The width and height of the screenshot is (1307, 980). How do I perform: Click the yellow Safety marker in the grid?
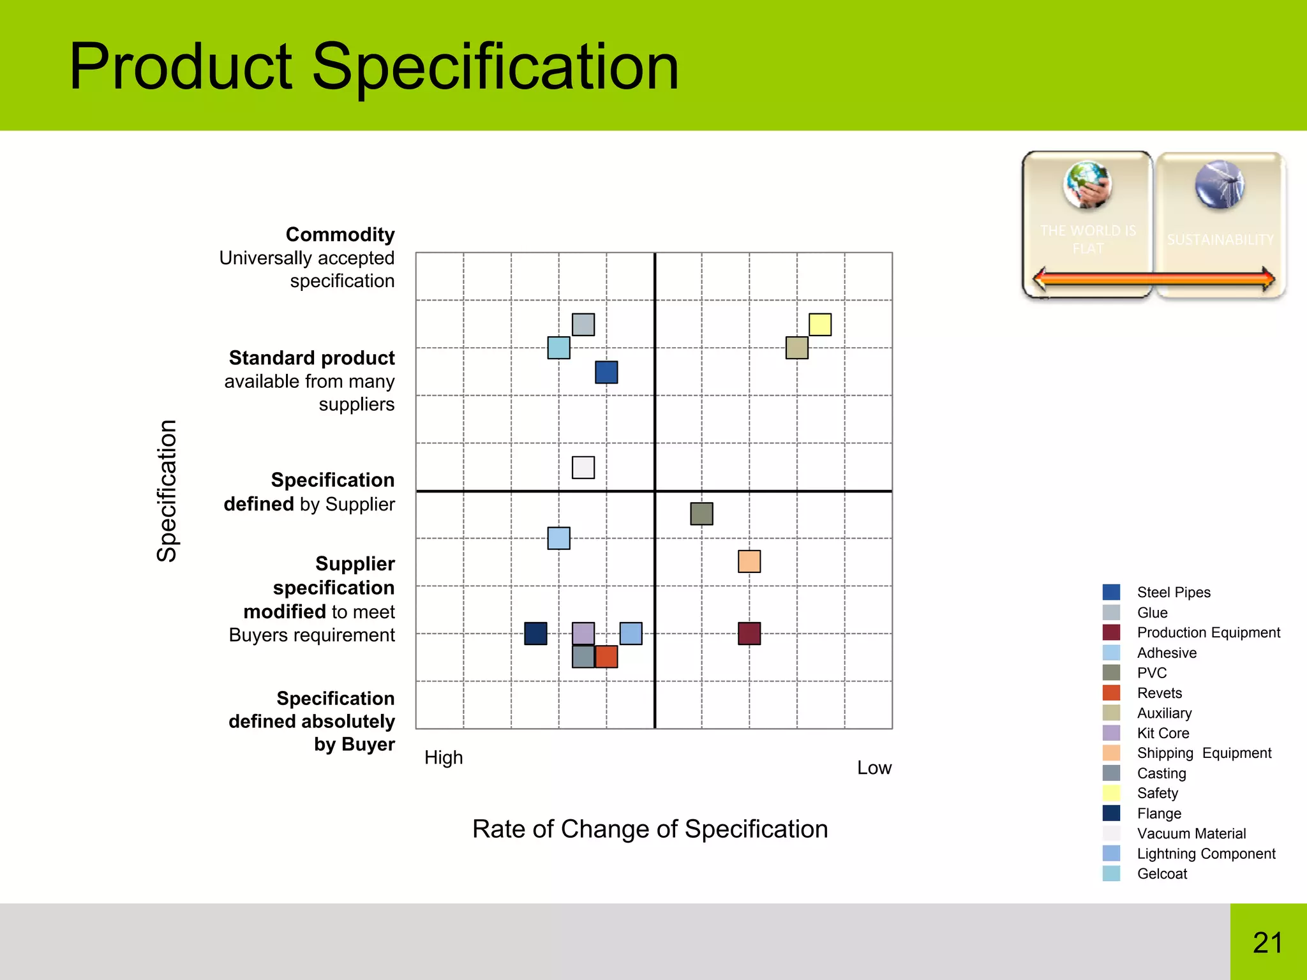[820, 324]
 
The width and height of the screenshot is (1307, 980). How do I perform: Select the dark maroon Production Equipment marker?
[749, 634]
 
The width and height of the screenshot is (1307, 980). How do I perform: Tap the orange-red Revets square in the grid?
[606, 657]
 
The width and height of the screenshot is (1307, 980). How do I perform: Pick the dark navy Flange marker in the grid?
[535, 634]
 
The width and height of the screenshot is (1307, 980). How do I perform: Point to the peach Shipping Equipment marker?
[749, 561]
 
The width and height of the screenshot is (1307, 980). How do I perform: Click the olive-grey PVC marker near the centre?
[701, 514]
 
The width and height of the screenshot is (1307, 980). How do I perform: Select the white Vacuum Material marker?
[583, 467]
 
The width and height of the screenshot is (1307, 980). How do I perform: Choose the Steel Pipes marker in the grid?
[606, 372]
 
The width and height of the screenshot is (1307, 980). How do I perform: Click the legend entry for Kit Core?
[1163, 733]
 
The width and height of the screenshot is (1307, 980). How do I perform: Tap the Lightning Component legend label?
[1206, 854]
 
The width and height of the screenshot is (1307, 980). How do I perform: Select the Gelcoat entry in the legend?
[1161, 874]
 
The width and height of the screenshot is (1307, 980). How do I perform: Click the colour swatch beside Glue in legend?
[1111, 612]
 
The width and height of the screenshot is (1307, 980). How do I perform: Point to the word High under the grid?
[444, 758]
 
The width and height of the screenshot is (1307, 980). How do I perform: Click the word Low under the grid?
[874, 768]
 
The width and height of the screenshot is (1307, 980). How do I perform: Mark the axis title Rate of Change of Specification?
[650, 829]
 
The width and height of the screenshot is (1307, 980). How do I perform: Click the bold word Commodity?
[340, 234]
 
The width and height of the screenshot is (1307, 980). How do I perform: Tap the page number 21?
[1267, 943]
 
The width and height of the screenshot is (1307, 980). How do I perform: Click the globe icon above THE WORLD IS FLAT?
[1087, 185]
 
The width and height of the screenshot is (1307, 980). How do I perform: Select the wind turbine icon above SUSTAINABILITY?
[1220, 185]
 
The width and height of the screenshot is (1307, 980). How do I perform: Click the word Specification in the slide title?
[495, 67]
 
